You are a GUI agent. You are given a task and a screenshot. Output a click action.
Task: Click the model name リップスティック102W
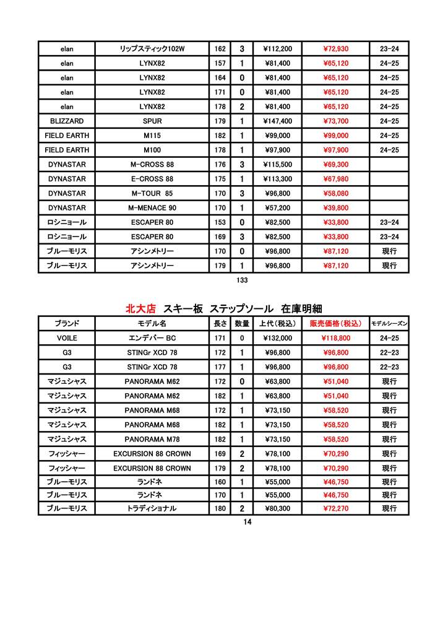[152, 49]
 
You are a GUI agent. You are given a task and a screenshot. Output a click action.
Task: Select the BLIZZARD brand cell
[67, 121]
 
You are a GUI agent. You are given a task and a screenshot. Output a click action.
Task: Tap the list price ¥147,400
[277, 121]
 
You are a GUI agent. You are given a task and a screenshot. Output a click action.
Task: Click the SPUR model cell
[152, 121]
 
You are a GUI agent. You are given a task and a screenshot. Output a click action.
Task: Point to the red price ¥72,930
[335, 49]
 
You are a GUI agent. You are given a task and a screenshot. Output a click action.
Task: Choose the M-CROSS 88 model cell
[152, 165]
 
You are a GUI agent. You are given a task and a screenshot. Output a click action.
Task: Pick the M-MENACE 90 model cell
[152, 208]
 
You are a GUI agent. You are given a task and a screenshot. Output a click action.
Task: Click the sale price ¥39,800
[335, 208]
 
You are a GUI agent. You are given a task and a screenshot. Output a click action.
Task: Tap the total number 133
[242, 280]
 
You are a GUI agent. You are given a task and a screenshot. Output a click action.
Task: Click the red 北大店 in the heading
[140, 308]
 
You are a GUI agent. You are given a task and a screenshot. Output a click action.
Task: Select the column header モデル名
[152, 324]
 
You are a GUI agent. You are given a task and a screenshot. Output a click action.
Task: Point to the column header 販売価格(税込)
[335, 324]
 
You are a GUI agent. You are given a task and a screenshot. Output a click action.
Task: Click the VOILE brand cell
[67, 339]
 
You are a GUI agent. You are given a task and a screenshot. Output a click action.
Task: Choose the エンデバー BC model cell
[152, 339]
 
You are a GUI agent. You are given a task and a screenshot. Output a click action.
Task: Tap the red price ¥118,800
[335, 339]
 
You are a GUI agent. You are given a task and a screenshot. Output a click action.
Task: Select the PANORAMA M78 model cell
[152, 440]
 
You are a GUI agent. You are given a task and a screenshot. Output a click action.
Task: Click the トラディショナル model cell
[152, 508]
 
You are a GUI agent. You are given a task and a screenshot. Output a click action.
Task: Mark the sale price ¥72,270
[335, 508]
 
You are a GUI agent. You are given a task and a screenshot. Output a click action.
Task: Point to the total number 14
[248, 522]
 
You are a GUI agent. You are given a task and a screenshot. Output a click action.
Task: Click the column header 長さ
[220, 324]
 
